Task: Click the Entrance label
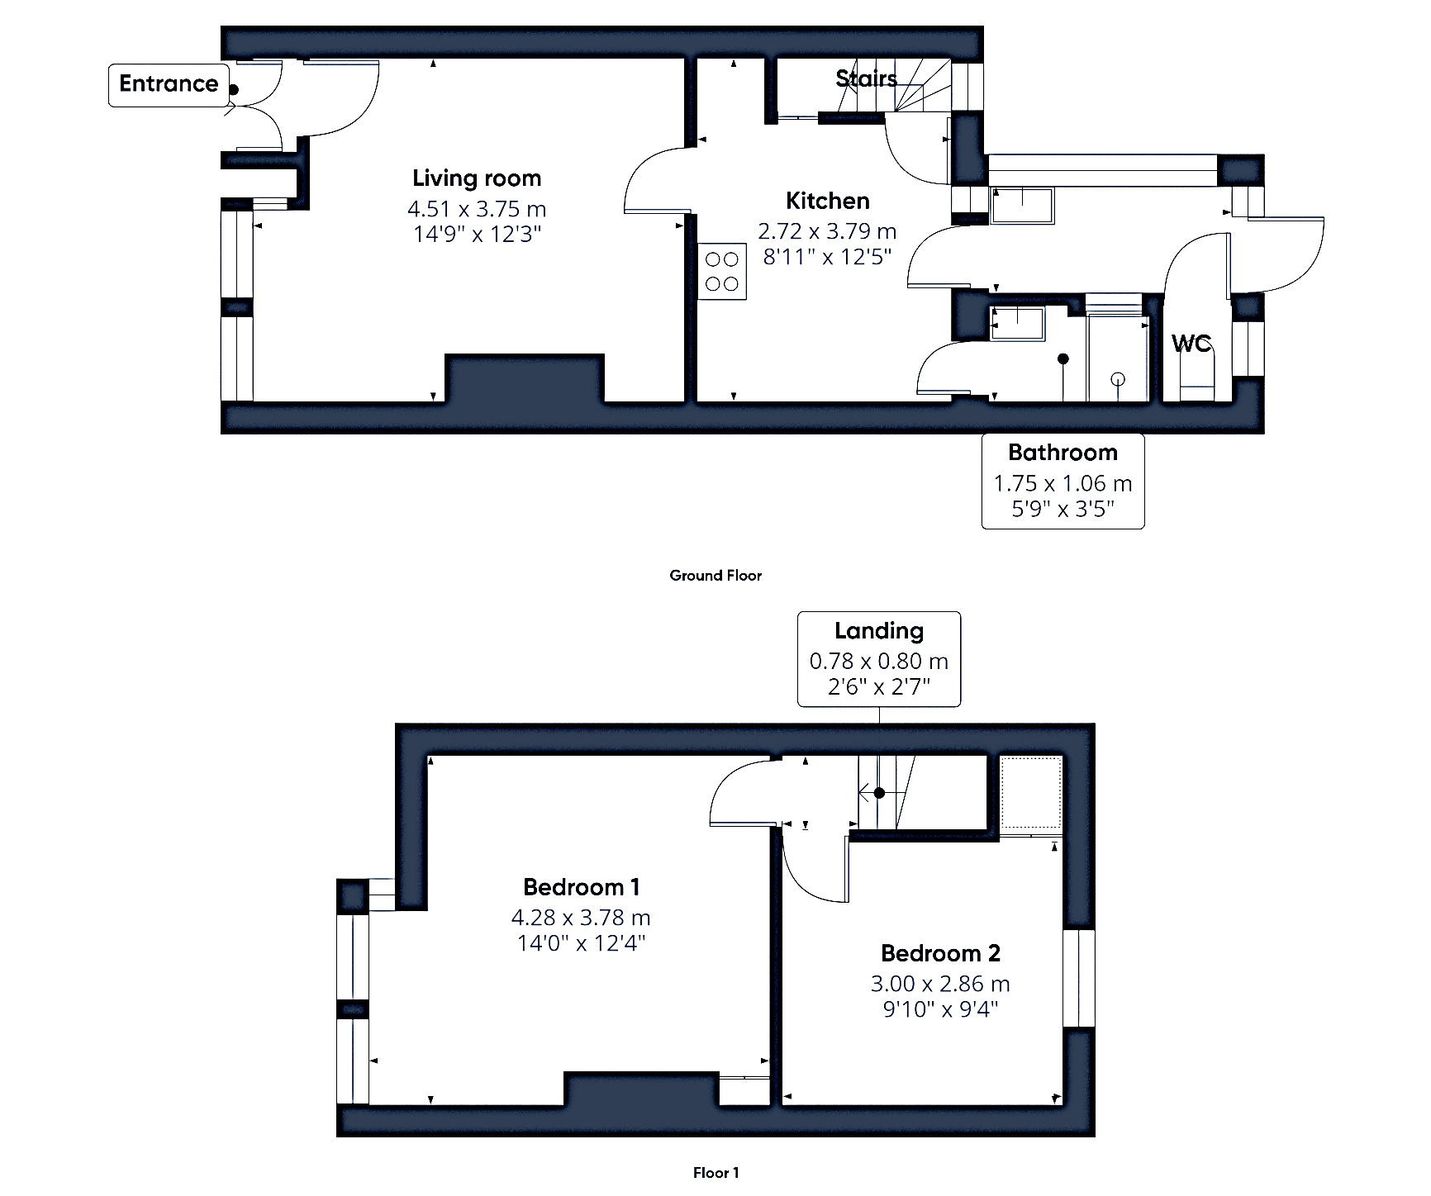169,83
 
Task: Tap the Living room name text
477,178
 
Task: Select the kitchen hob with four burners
722,272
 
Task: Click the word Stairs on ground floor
866,78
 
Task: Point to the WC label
1191,343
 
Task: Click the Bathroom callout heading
1063,453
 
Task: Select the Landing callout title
879,631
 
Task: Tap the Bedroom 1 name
582,887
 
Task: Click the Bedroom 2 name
940,953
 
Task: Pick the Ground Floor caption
715,576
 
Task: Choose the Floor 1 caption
715,1173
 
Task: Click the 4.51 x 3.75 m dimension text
477,208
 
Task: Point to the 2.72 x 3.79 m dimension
827,231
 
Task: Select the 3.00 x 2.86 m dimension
940,984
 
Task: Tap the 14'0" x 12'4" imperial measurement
581,943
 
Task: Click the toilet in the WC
1196,382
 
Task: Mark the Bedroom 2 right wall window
1078,979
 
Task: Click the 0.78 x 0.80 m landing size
879,662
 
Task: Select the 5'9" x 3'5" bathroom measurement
1063,509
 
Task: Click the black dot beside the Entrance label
233,90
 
